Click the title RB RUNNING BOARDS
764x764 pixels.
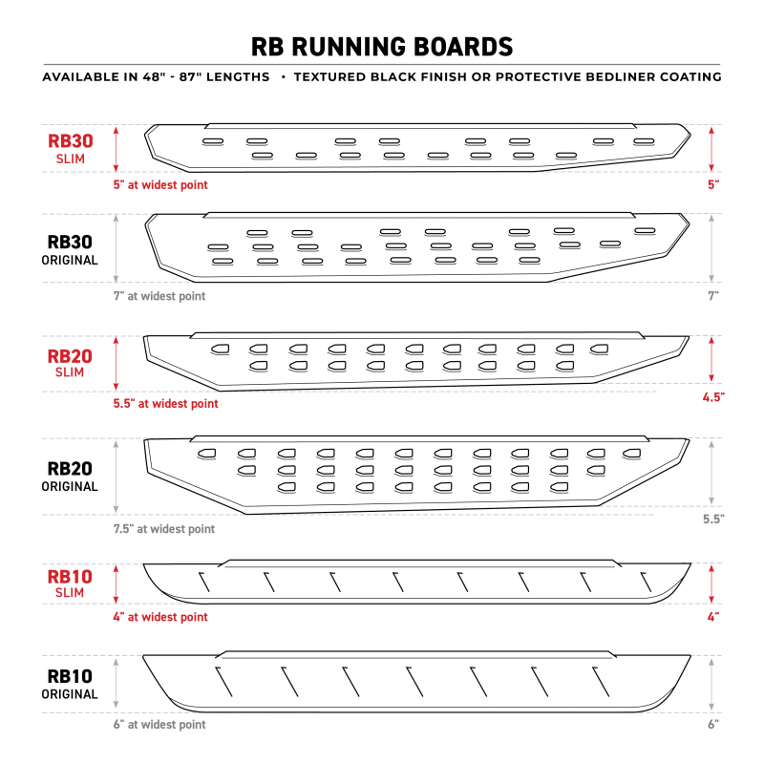tap(382, 47)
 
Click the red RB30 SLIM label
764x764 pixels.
tap(70, 148)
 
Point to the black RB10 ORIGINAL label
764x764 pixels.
tap(70, 684)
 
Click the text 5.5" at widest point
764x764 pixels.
tap(165, 404)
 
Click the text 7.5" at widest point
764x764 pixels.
tap(164, 529)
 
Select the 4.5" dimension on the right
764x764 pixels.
tap(712, 395)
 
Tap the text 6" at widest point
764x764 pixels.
tap(159, 725)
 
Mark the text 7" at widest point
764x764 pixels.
tap(159, 296)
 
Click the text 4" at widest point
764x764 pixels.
tap(160, 618)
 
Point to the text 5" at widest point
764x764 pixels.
tap(160, 184)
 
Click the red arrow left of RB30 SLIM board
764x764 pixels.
tap(117, 148)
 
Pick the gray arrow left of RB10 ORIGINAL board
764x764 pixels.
tap(117, 684)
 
